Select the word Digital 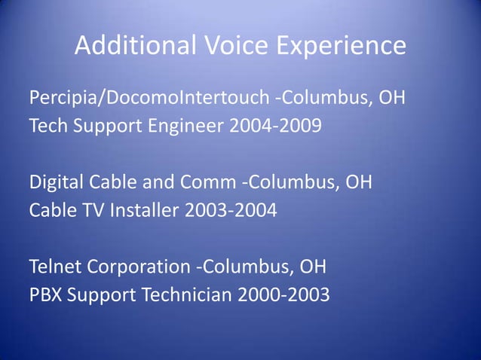[x=54, y=183]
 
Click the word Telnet [x=55, y=267]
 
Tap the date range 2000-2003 [x=283, y=294]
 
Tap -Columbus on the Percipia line [x=324, y=99]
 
